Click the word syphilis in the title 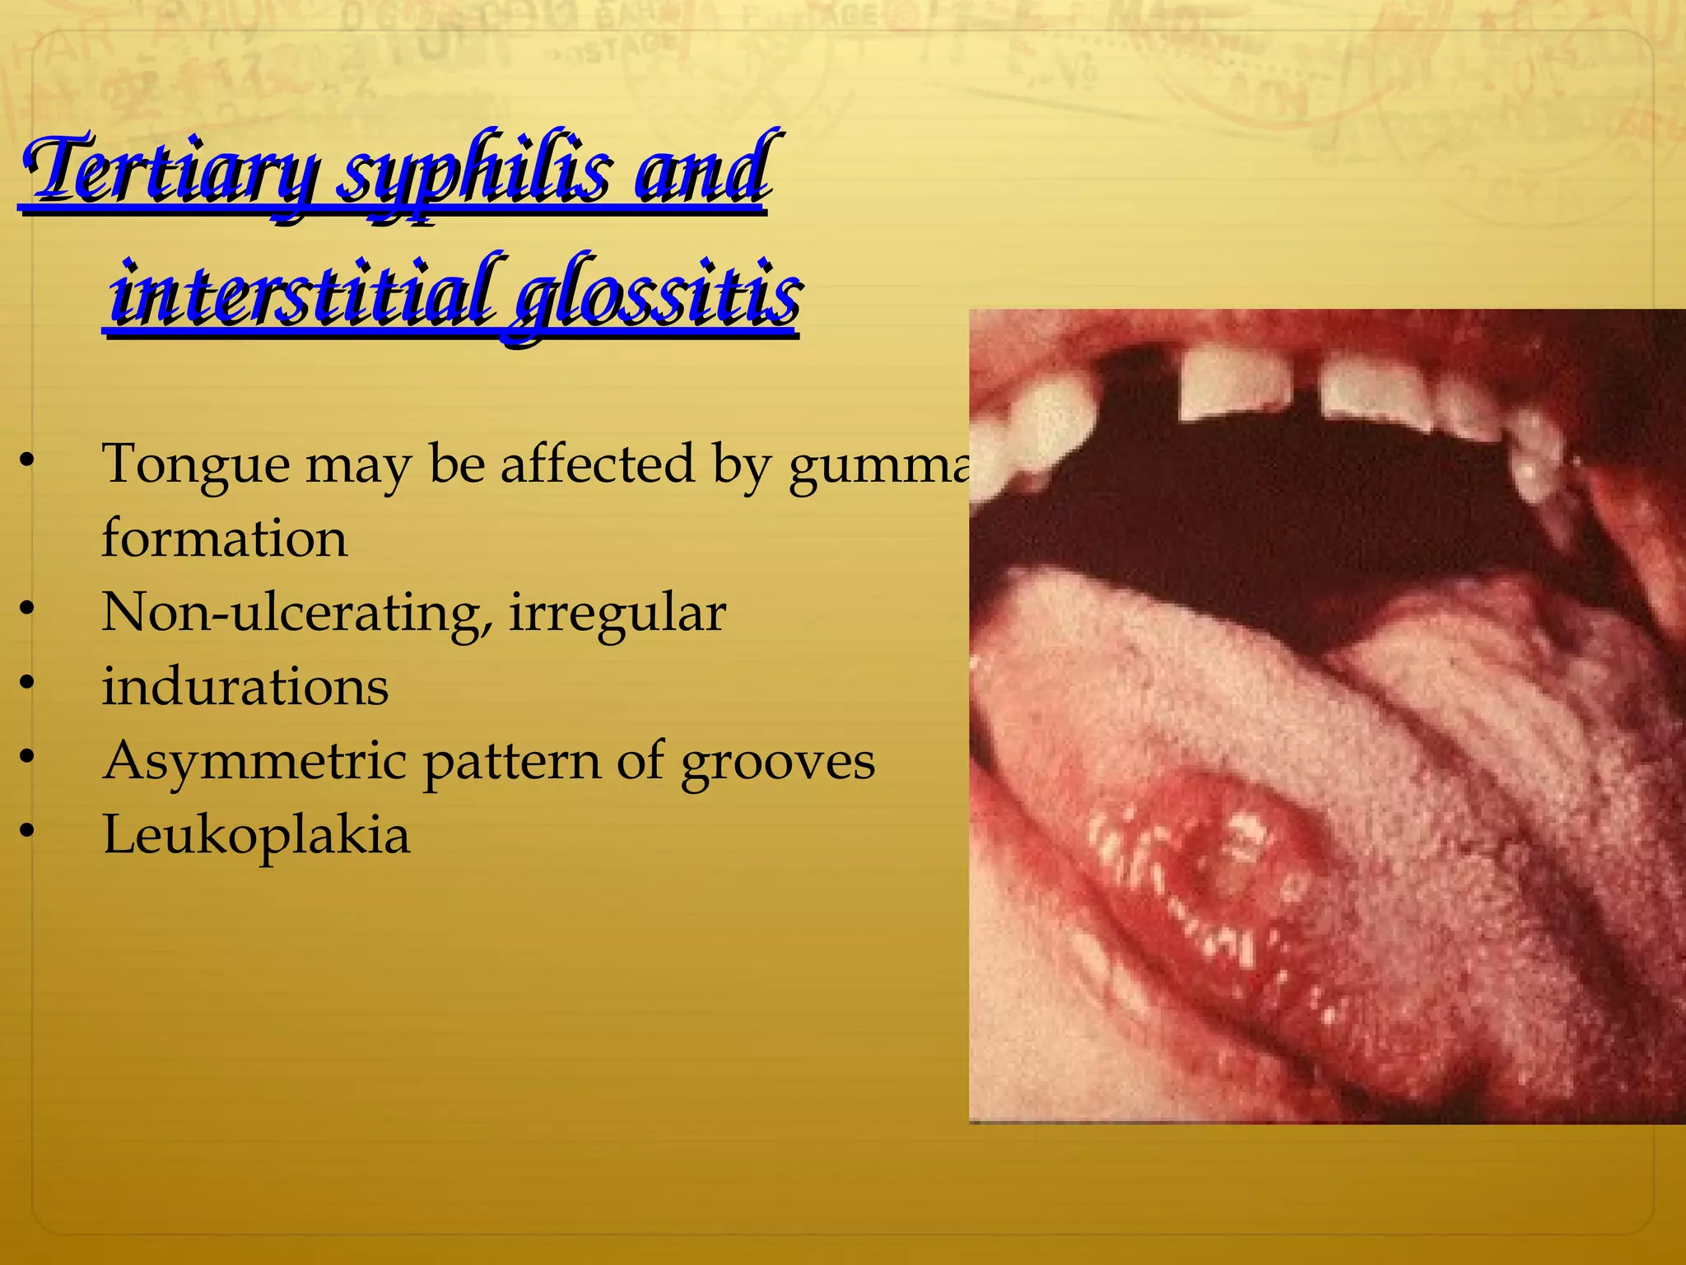point(474,173)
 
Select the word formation point(224,539)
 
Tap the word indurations point(245,687)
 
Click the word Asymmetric point(254,761)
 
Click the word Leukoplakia point(256,835)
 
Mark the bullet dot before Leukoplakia point(28,833)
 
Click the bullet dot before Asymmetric point(28,756)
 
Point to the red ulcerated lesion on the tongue point(1218,873)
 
